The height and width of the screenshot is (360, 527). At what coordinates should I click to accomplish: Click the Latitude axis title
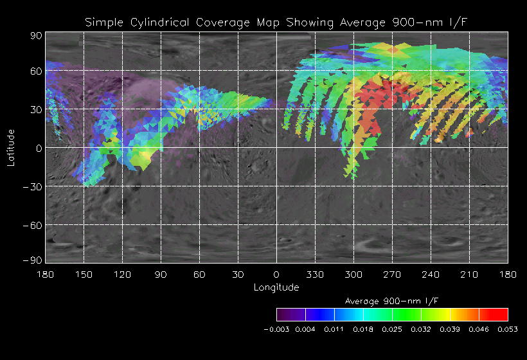pos(11,147)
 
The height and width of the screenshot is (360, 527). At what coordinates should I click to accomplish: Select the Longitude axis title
pos(276,287)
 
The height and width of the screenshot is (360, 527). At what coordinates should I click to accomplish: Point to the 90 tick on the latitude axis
pos(36,35)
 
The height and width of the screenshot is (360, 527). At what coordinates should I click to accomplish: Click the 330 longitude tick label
pos(315,274)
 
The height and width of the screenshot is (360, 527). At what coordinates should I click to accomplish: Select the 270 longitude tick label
pos(392,274)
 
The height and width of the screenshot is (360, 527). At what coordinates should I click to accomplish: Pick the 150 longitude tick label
pos(84,274)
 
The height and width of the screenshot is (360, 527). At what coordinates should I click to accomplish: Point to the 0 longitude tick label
pos(276,274)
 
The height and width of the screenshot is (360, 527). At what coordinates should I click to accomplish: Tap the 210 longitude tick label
pos(469,274)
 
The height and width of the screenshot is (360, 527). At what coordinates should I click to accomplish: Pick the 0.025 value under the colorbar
pos(392,329)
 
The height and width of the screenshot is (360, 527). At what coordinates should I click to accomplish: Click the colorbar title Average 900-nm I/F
pos(391,301)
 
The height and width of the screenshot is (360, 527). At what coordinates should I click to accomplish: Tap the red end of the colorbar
pos(500,314)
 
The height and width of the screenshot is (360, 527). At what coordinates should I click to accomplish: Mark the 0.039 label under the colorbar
pos(450,329)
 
